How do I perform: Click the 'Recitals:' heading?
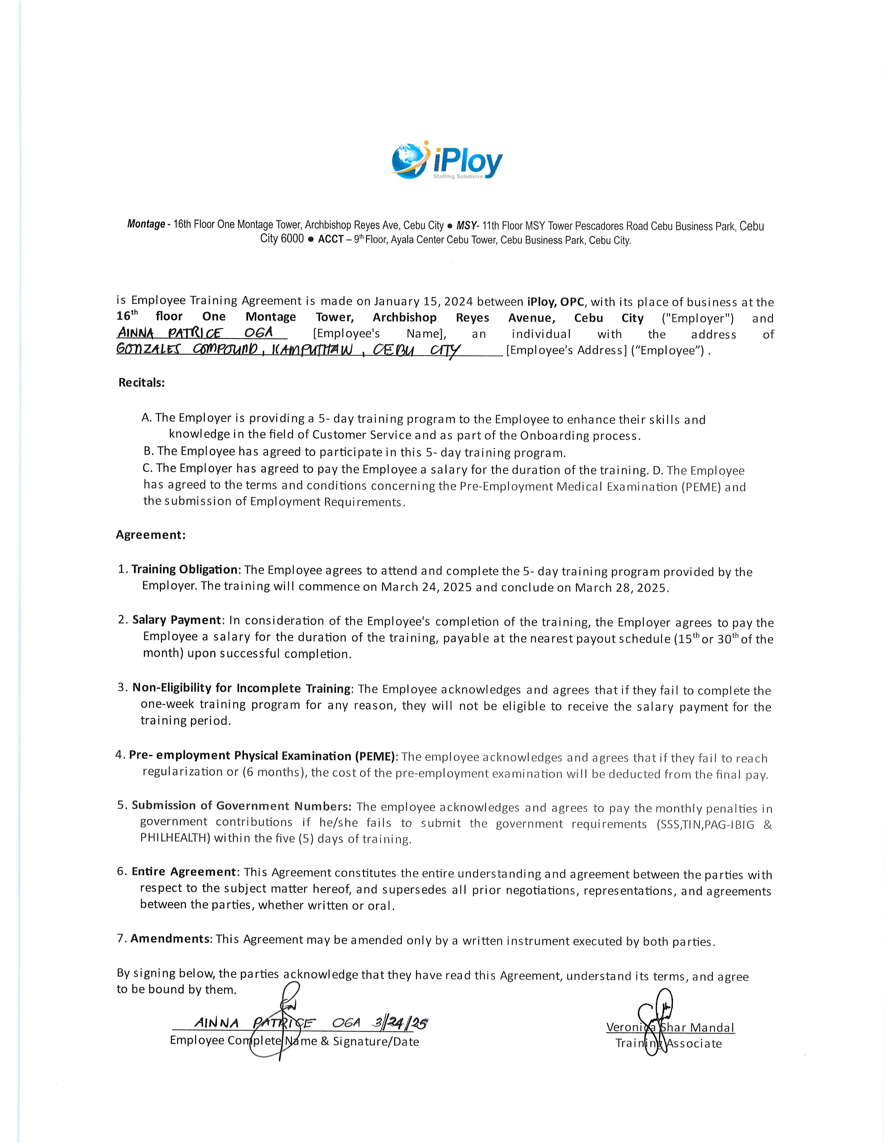point(142,383)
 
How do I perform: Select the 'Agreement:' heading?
point(151,535)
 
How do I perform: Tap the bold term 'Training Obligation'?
point(184,569)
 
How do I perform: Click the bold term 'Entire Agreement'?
point(184,872)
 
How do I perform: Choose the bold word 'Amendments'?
point(170,938)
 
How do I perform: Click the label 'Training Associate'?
point(669,1044)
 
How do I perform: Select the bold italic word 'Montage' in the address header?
point(146,224)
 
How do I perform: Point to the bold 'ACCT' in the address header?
point(330,240)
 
